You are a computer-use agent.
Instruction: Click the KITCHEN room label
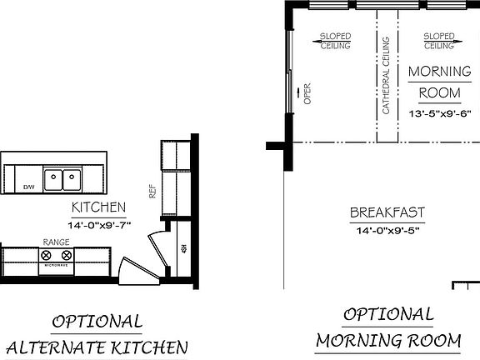tap(98, 207)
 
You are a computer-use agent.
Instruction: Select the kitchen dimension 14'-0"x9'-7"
tap(98, 224)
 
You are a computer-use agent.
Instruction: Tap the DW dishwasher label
tap(28, 187)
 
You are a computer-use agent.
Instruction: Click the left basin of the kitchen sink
tap(53, 177)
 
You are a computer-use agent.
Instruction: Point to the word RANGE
tap(56, 242)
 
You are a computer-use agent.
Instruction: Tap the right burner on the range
tap(67, 254)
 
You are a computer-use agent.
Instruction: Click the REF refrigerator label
tap(152, 190)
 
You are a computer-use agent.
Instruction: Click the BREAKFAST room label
tap(387, 212)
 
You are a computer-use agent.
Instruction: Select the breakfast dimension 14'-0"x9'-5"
tap(387, 230)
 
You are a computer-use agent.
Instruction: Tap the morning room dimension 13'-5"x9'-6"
tap(438, 112)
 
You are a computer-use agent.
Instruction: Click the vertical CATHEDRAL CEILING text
tap(386, 76)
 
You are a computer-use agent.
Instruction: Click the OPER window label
tap(307, 93)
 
